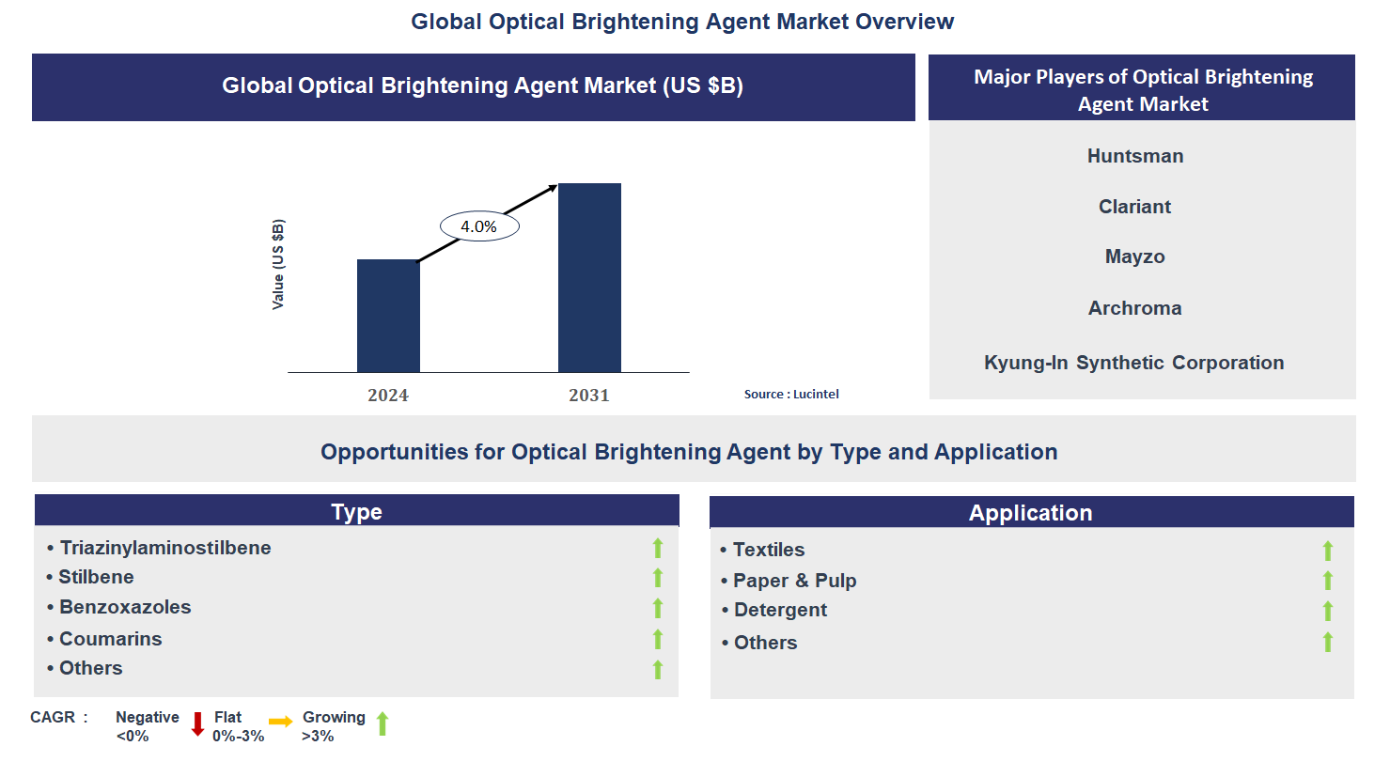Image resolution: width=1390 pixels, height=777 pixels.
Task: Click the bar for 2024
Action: [388, 316]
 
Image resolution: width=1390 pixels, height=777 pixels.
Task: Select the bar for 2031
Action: [589, 278]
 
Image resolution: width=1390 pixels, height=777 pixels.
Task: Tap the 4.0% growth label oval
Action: [479, 226]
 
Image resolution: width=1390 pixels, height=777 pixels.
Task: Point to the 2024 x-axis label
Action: [388, 396]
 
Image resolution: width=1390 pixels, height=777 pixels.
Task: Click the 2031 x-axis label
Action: [589, 396]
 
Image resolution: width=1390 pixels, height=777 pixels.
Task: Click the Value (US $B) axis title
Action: [278, 264]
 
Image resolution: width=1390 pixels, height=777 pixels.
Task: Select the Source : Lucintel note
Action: [791, 395]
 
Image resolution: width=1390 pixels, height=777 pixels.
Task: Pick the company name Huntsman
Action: [1135, 156]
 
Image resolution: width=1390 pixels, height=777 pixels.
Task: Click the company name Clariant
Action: [1135, 207]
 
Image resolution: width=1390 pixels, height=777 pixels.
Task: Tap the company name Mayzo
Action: [1135, 256]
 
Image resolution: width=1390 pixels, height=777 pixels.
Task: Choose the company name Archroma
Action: [1135, 308]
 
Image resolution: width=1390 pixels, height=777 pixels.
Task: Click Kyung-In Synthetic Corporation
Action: [1134, 363]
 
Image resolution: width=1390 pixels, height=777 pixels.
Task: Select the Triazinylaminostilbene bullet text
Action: [165, 548]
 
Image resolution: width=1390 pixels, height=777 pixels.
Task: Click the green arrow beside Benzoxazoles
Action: [658, 609]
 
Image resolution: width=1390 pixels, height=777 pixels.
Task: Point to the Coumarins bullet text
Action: [111, 639]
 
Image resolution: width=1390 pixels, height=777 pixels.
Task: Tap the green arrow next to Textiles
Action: [1328, 551]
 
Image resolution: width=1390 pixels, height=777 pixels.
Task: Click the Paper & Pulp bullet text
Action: [794, 581]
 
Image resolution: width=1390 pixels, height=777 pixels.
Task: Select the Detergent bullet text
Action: [780, 610]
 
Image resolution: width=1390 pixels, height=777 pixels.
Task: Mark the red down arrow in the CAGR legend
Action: [197, 724]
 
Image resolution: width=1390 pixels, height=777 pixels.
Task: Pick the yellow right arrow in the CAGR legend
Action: [280, 722]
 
